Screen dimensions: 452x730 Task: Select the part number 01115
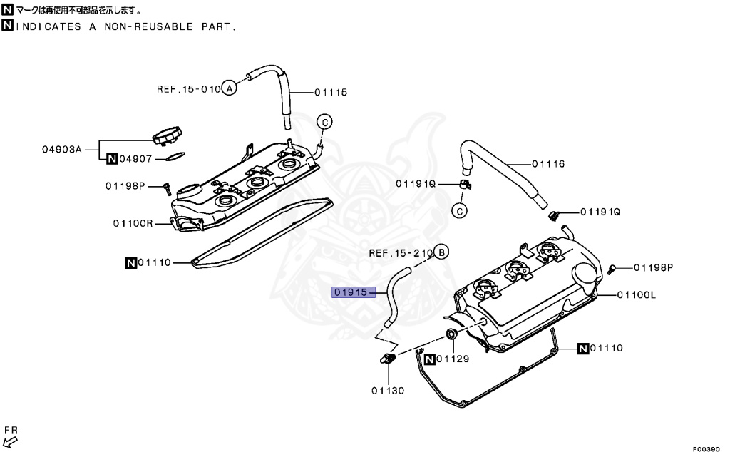click(x=330, y=92)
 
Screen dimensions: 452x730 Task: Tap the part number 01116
click(x=547, y=164)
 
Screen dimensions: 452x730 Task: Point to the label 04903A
click(x=61, y=150)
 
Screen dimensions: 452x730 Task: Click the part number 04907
click(x=135, y=159)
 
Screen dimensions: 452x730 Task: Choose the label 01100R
click(x=132, y=223)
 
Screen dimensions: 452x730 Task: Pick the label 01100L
click(x=636, y=294)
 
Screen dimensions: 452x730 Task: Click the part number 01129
click(x=453, y=359)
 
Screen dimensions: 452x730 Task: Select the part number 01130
click(x=387, y=390)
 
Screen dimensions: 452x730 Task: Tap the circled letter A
click(x=228, y=89)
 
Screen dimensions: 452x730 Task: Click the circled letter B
click(x=442, y=252)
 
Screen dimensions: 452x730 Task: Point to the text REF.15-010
click(x=188, y=89)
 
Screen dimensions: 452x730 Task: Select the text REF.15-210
click(x=401, y=253)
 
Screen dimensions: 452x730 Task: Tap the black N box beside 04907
click(x=112, y=159)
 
